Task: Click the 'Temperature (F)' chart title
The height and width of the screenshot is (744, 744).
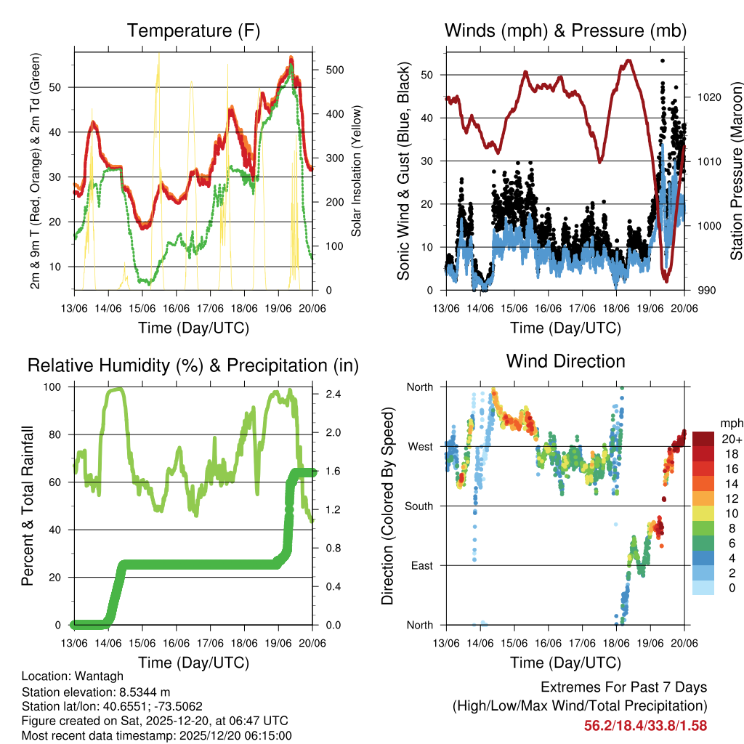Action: [x=193, y=31]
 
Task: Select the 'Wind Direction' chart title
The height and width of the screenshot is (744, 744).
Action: [x=565, y=361]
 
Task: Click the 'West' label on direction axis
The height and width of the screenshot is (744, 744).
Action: [x=419, y=446]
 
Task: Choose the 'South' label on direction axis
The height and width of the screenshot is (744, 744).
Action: [x=418, y=506]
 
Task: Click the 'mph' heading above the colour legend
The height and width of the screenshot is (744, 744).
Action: [x=730, y=423]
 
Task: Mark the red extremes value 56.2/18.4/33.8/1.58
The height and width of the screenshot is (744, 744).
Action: [x=645, y=725]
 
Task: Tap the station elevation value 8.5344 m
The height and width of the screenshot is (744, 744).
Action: [x=146, y=691]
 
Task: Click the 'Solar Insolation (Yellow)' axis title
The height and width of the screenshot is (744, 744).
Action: [x=357, y=171]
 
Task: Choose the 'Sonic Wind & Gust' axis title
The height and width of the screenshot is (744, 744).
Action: [x=404, y=171]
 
